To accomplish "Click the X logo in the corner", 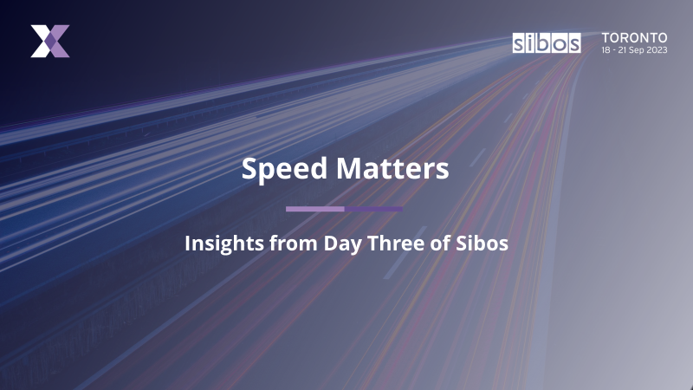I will pos(49,42).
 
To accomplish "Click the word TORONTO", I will pos(635,38).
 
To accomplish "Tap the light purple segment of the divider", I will pos(314,209).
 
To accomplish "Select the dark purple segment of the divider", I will pos(373,209).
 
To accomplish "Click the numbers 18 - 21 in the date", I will pos(612,50).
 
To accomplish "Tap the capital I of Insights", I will pos(188,244).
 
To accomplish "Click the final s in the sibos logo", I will pos(574,44).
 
